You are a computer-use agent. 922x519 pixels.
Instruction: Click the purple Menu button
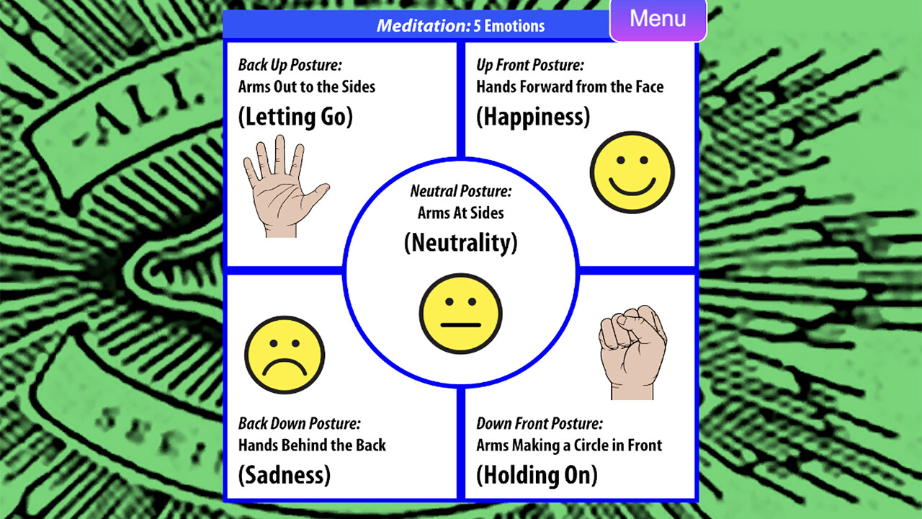(658, 19)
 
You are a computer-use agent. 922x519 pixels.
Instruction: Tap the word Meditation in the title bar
(424, 26)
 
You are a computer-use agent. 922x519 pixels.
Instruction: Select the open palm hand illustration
(285, 186)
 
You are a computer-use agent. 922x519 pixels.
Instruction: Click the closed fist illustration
(632, 352)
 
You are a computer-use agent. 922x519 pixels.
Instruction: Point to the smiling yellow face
(632, 172)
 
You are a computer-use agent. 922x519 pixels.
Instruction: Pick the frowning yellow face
(285, 355)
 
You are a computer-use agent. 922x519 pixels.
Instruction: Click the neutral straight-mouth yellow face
(460, 314)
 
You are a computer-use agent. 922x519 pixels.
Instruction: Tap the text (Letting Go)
(295, 117)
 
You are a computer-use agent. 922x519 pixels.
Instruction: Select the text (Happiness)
(533, 117)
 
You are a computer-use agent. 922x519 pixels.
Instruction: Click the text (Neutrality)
(460, 243)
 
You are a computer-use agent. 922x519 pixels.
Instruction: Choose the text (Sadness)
(285, 475)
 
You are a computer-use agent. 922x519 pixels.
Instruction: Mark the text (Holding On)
(537, 475)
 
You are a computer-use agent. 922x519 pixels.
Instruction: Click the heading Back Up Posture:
(290, 65)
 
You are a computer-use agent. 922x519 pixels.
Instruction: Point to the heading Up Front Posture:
(530, 65)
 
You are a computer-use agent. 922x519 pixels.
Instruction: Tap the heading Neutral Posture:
(460, 191)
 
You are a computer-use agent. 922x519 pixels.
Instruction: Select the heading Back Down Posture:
(299, 423)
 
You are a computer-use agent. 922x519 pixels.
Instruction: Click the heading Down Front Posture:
(540, 423)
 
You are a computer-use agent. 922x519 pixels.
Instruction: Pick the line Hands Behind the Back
(312, 445)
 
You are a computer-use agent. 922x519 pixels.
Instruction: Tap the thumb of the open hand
(316, 196)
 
